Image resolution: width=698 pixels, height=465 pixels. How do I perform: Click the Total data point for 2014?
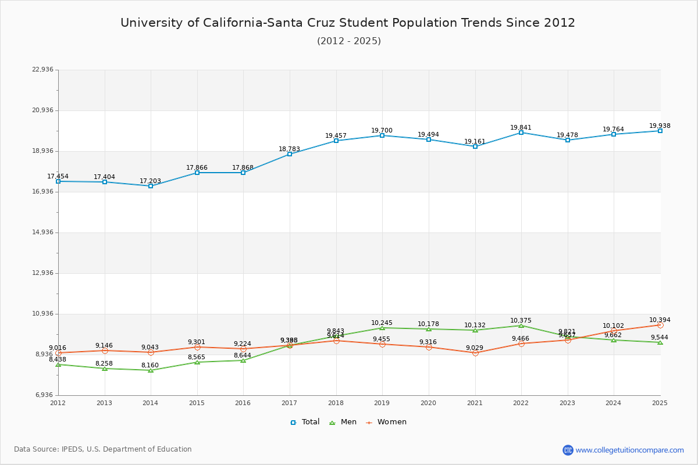pos(151,186)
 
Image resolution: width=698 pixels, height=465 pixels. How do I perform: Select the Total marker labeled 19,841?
pos(521,133)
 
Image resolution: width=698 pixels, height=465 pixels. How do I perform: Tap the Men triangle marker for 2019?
pos(382,328)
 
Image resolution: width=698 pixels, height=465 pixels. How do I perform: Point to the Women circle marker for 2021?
pos(475,353)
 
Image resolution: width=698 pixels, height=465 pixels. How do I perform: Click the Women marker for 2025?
pos(660,325)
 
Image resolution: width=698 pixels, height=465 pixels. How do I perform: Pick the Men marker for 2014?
pos(151,370)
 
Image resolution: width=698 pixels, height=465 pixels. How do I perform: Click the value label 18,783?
pos(289,149)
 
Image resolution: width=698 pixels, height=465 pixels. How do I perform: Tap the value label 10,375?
pos(521,321)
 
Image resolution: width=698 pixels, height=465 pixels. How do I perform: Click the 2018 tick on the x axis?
pos(336,403)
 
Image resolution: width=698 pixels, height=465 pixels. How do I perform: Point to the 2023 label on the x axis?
pos(567,403)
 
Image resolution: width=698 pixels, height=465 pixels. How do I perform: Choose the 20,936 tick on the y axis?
pos(42,110)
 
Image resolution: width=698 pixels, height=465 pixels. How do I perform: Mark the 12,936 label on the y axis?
pos(42,273)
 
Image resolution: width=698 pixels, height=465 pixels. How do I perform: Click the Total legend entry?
pos(305,422)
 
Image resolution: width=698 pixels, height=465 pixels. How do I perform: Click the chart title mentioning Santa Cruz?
pos(348,23)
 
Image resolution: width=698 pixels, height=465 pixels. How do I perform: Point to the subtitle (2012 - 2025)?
pos(348,41)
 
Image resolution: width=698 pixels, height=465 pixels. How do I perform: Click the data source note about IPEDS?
pos(103,449)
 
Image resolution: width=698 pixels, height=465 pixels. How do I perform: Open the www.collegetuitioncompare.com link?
pos(629,450)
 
